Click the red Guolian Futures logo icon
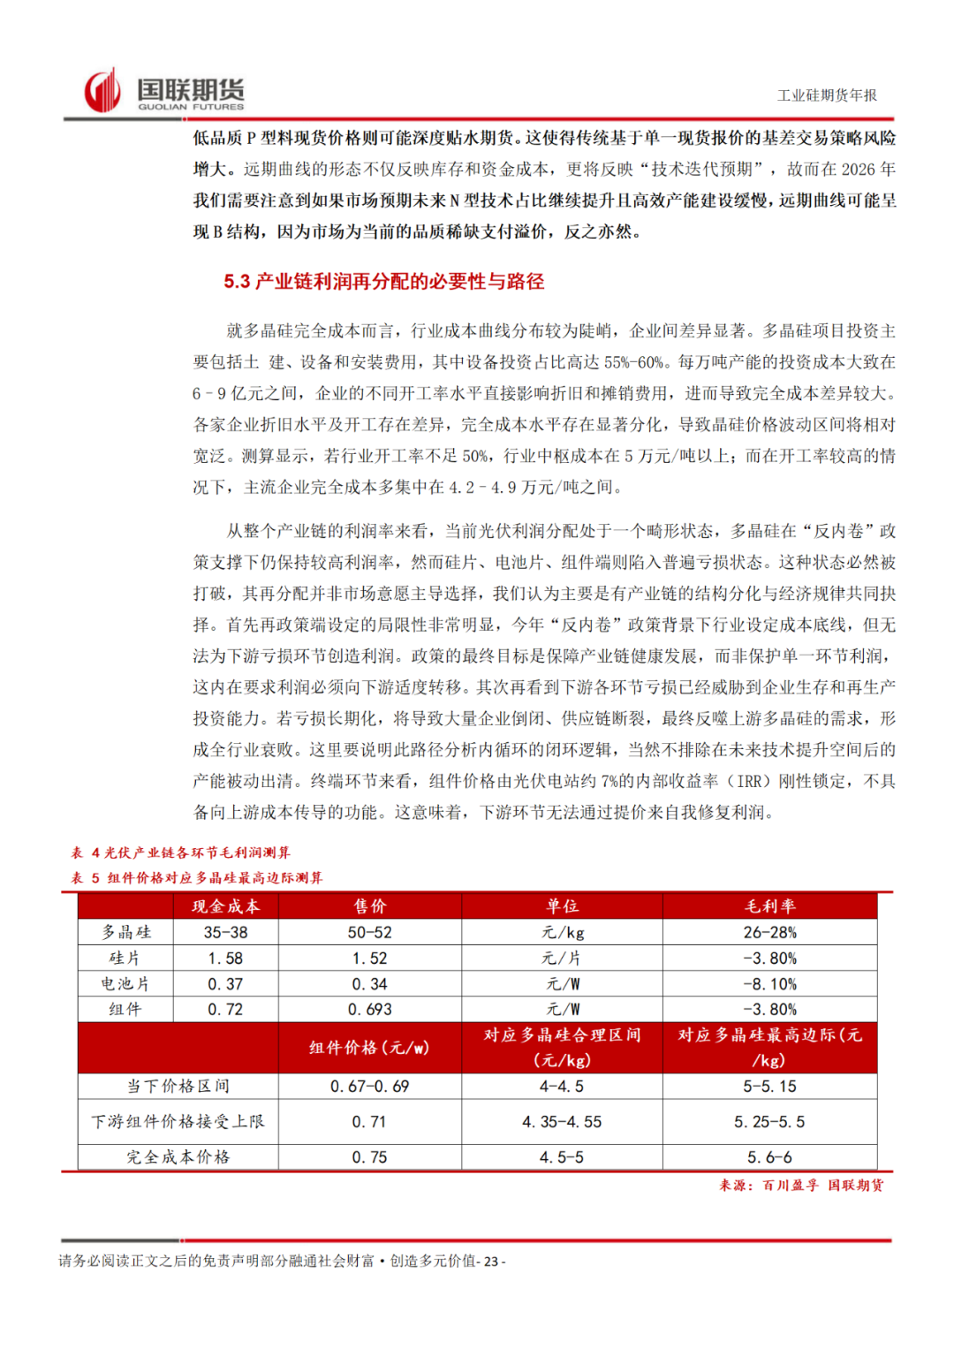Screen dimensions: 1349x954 point(102,91)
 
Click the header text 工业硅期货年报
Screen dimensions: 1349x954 point(827,95)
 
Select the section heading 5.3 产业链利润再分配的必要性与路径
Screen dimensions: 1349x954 point(383,282)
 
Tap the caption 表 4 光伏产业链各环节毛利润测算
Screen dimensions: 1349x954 point(181,853)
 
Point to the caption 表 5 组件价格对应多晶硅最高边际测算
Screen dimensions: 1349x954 point(197,877)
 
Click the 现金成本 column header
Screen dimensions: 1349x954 point(225,906)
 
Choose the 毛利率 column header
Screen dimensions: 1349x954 point(769,906)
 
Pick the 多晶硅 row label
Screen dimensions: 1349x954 point(125,932)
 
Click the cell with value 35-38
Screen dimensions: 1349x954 point(225,932)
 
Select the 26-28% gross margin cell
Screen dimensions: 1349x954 point(769,932)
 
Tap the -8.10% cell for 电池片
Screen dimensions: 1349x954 point(769,984)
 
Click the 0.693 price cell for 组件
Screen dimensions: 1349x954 point(369,1010)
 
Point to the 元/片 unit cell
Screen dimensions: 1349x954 point(562,959)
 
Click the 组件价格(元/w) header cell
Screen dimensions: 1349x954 point(369,1048)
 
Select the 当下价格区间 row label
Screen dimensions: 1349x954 point(178,1086)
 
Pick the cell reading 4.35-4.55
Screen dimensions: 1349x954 point(562,1122)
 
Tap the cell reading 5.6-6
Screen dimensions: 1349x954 point(769,1157)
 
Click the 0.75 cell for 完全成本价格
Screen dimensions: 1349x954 point(369,1157)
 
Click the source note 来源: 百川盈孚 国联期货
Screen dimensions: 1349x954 point(800,1186)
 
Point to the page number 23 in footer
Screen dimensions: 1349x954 point(491,1262)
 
